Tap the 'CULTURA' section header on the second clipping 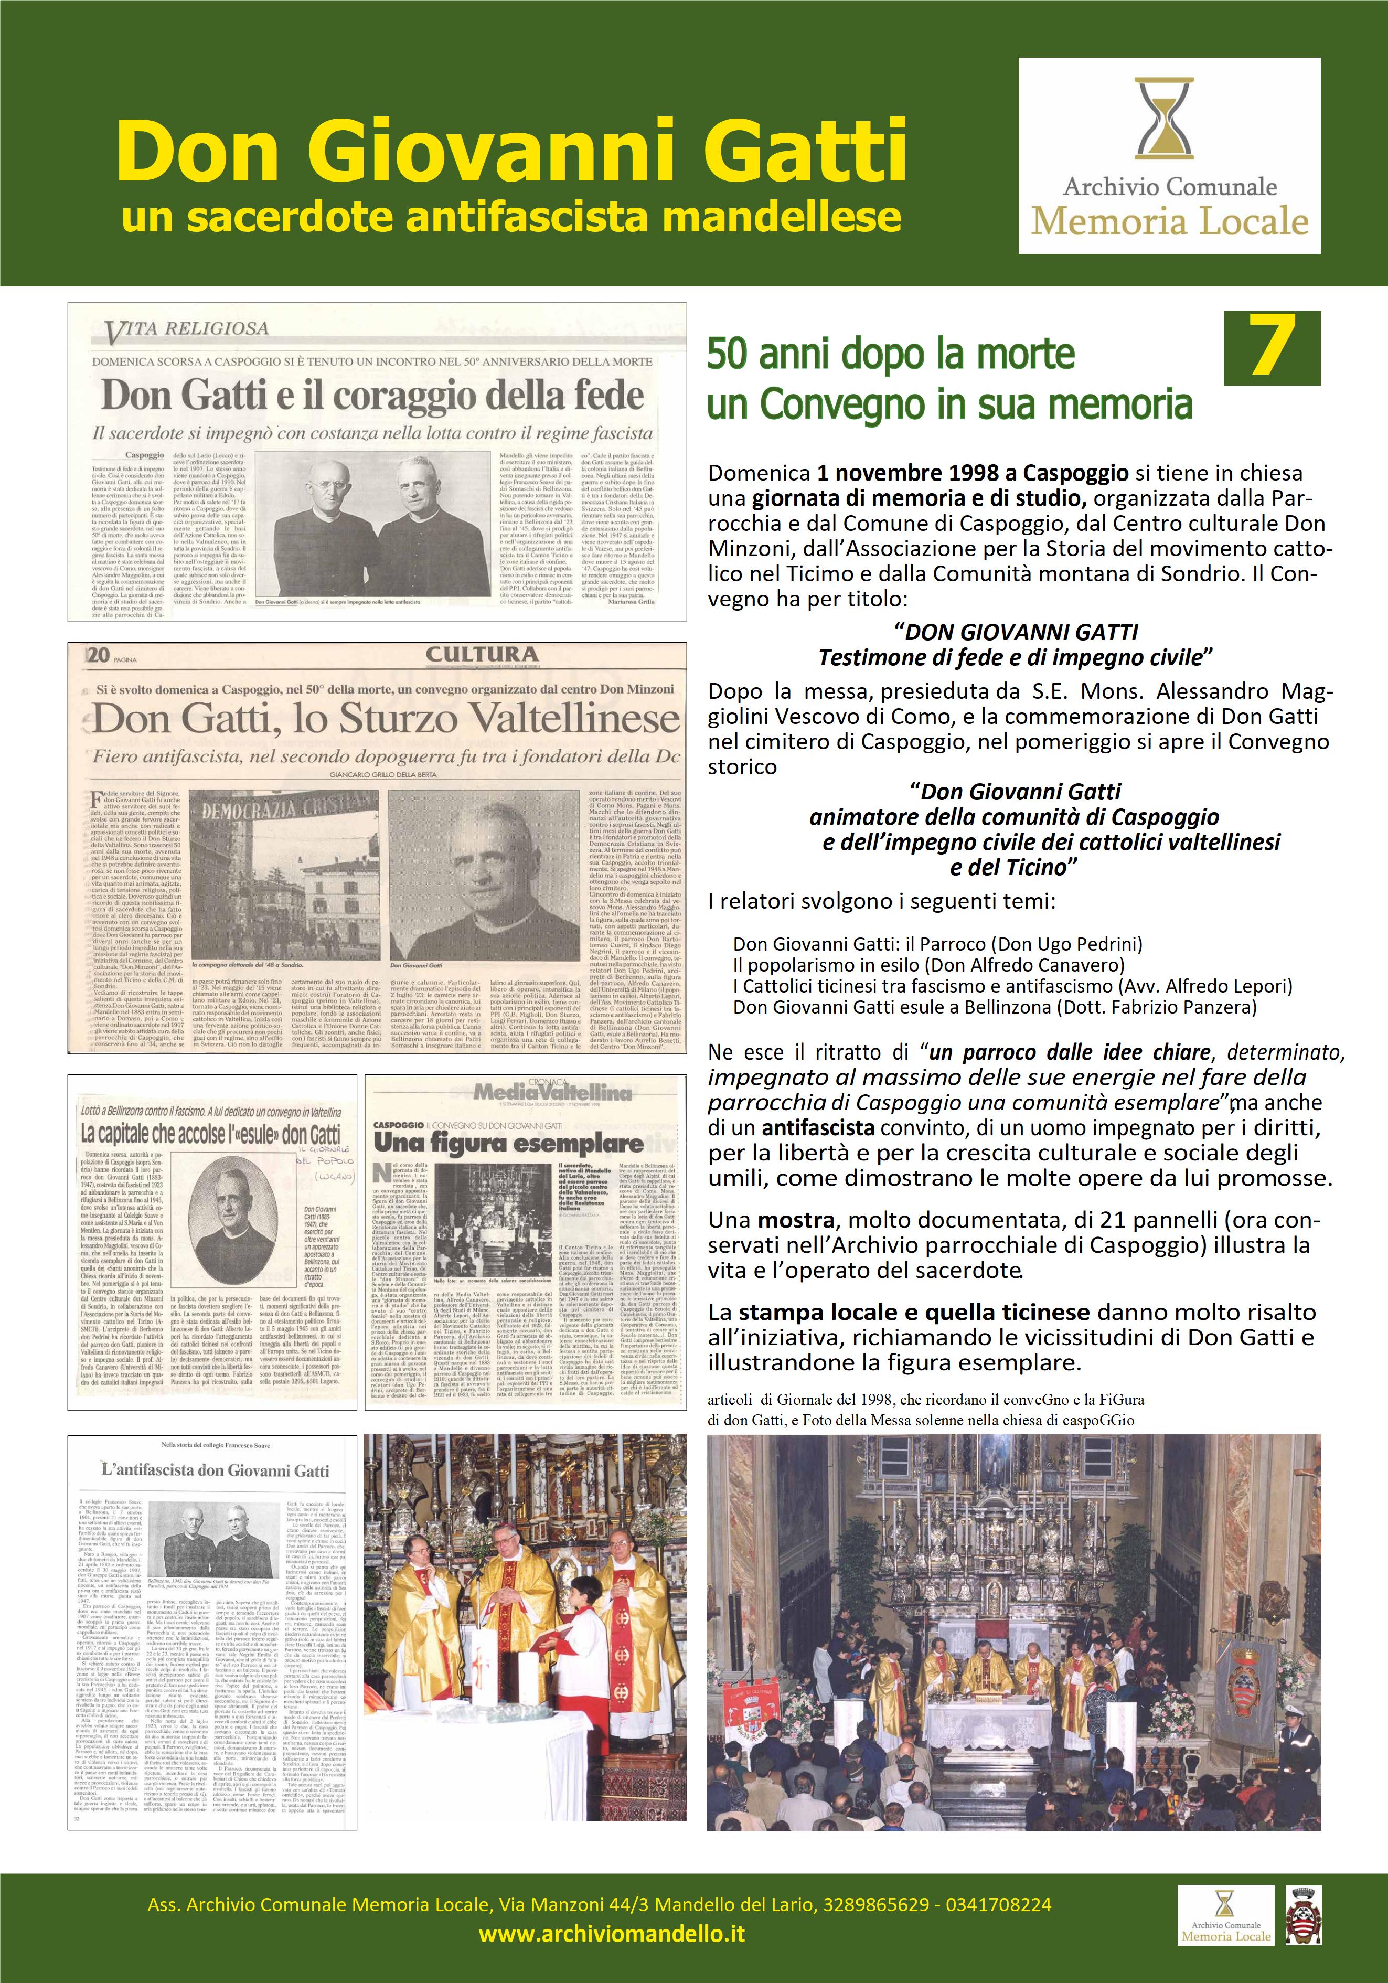(482, 654)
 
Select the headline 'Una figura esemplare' (508, 1144)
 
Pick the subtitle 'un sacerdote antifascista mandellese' (511, 218)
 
